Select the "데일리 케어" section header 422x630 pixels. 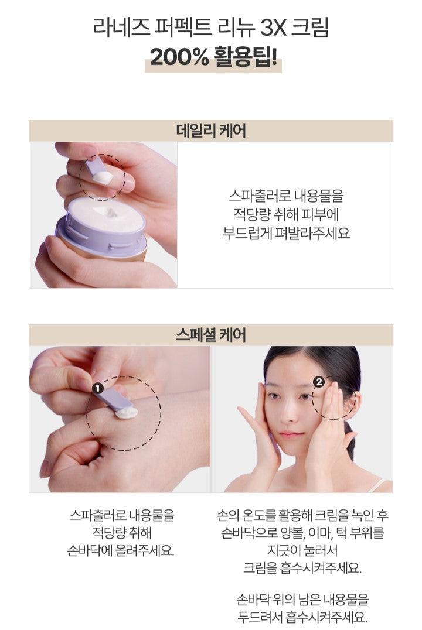[211, 131]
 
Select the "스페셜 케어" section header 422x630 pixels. [211, 335]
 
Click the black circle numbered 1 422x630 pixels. [98, 388]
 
